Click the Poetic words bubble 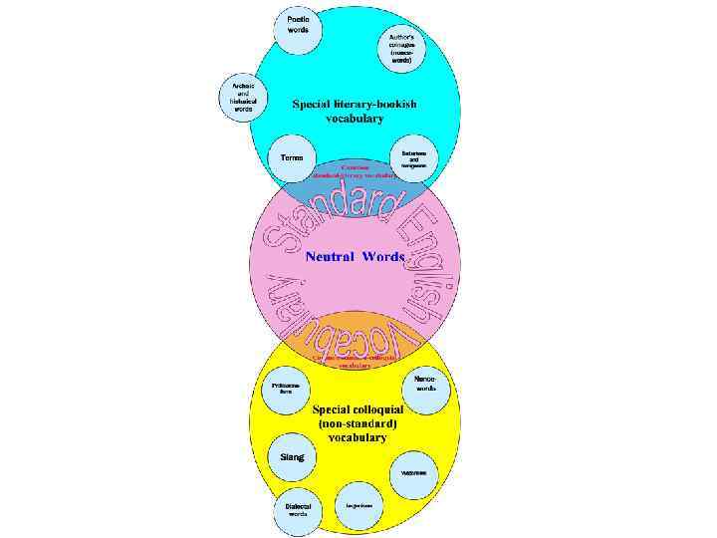pyautogui.click(x=298, y=25)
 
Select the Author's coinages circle pyautogui.click(x=401, y=47)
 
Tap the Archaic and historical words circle pyautogui.click(x=243, y=97)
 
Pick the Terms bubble pyautogui.click(x=292, y=157)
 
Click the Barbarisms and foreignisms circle pyautogui.click(x=414, y=157)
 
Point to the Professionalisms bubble pyautogui.click(x=285, y=389)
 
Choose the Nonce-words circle pyautogui.click(x=425, y=384)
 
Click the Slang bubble pyautogui.click(x=292, y=456)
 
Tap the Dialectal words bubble pyautogui.click(x=298, y=510)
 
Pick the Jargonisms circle pyautogui.click(x=359, y=505)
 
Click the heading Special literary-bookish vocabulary pyautogui.click(x=354, y=111)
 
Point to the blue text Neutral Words pyautogui.click(x=354, y=256)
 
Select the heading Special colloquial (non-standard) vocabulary pyautogui.click(x=356, y=423)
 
